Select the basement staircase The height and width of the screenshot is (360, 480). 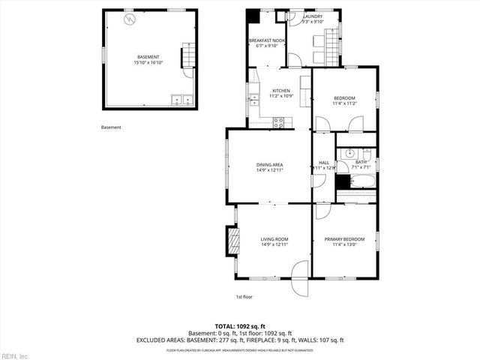tap(189, 57)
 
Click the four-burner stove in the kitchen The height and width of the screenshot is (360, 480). tap(278, 122)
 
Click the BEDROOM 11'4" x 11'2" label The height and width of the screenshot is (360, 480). tap(344, 100)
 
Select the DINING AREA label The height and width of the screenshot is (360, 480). tap(269, 166)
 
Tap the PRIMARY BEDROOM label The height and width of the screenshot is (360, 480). tap(344, 241)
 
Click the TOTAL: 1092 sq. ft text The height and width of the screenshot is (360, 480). tap(239, 327)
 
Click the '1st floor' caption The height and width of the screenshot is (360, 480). tap(244, 297)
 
